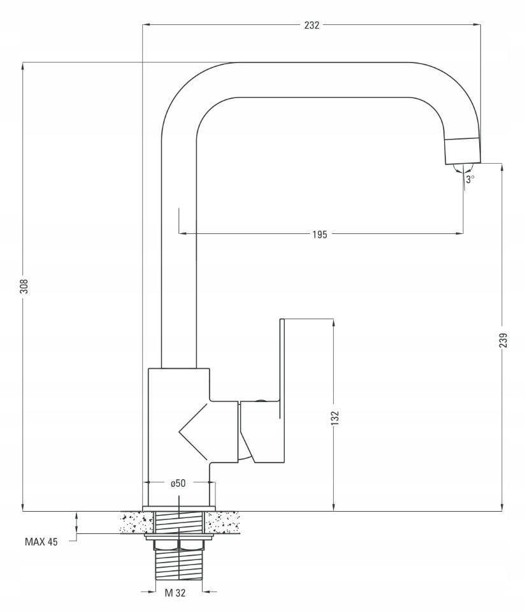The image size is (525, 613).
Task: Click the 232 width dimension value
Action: click(312, 25)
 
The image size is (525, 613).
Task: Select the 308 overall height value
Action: click(24, 285)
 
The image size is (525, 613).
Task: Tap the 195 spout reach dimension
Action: click(320, 234)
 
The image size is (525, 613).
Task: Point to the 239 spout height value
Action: click(503, 340)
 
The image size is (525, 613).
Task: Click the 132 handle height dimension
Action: click(335, 417)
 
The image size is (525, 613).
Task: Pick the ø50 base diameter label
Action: click(178, 484)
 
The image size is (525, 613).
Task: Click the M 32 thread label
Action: click(175, 593)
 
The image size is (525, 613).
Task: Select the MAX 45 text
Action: click(41, 542)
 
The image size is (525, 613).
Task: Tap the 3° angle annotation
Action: click(470, 179)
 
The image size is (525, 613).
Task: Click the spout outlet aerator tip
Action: click(463, 150)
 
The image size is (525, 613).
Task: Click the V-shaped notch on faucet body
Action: click(193, 431)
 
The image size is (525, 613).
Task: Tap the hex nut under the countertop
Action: click(178, 545)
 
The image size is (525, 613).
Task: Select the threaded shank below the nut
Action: click(178, 565)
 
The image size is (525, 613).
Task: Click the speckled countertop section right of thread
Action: click(222, 523)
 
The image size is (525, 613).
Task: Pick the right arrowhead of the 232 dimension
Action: click(477, 25)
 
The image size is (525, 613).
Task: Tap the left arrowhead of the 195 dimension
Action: click(183, 234)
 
